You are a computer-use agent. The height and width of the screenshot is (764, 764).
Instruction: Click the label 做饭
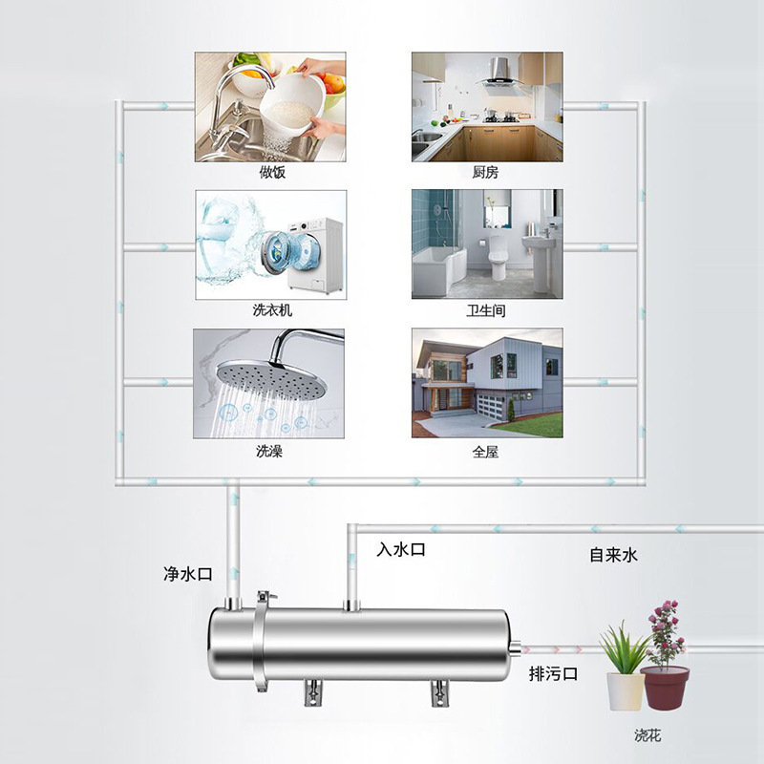point(272,173)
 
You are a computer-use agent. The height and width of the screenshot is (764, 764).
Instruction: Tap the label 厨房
point(485,173)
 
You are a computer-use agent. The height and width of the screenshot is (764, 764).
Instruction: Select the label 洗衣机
point(272,310)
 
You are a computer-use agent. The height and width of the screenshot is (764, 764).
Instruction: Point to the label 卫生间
point(485,310)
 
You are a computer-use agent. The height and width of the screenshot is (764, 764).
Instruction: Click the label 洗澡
point(269,451)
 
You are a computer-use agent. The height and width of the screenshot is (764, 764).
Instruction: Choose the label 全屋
point(485,451)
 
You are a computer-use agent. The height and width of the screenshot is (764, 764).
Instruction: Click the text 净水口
point(188,574)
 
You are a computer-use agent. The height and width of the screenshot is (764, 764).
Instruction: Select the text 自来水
point(612,555)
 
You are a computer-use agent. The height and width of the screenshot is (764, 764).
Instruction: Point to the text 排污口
point(554,674)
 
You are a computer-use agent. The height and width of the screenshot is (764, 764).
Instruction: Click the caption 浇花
point(648,735)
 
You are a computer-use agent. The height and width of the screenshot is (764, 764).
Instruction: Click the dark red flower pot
point(665,686)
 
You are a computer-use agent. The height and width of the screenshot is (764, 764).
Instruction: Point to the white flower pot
point(625,690)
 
